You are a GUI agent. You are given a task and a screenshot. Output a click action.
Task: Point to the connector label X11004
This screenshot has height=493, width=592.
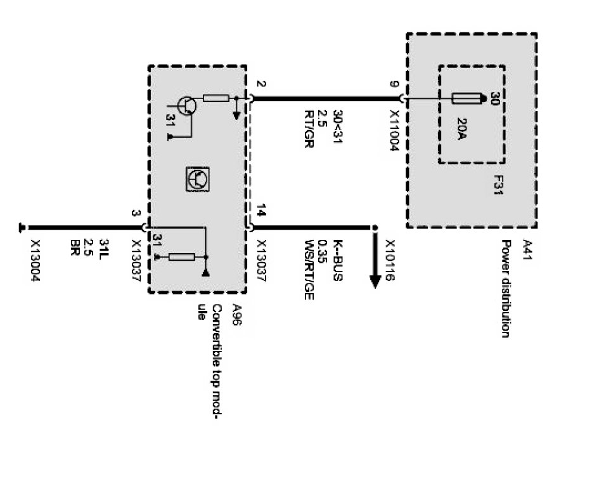[x=395, y=129]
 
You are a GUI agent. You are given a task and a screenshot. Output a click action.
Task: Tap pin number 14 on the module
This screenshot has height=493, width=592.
[x=262, y=210]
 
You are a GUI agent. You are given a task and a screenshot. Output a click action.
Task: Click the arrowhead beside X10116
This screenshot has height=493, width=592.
[x=375, y=279]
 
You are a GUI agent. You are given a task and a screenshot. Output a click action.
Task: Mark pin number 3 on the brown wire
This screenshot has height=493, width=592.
[x=135, y=213]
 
